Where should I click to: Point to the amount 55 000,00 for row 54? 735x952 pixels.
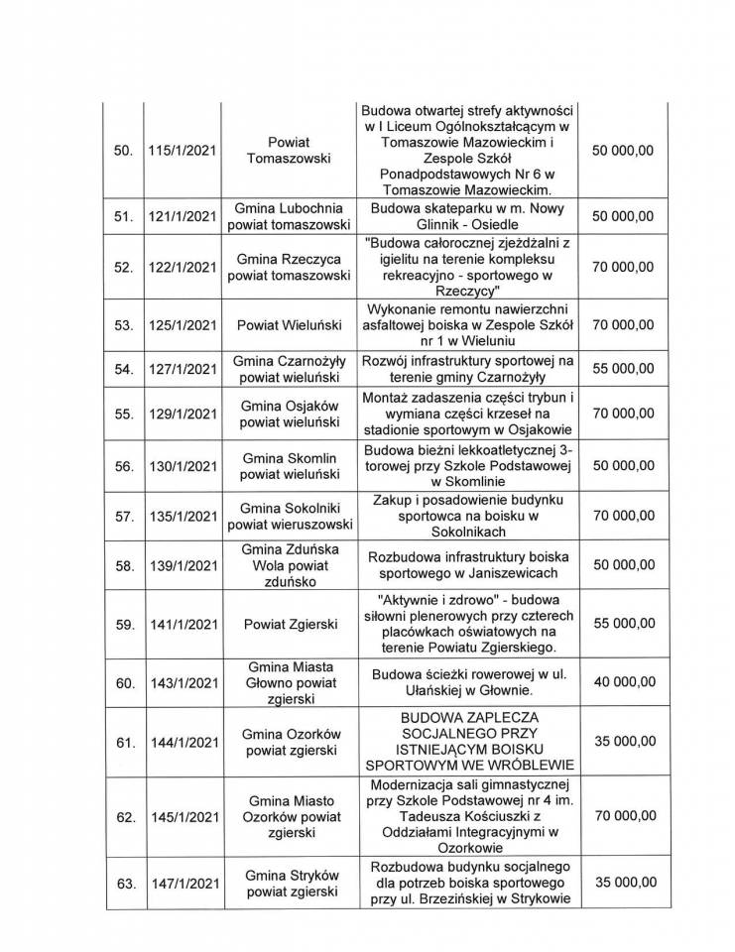coord(622,368)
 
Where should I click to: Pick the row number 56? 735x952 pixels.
coord(124,464)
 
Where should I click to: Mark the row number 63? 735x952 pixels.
coord(125,881)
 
